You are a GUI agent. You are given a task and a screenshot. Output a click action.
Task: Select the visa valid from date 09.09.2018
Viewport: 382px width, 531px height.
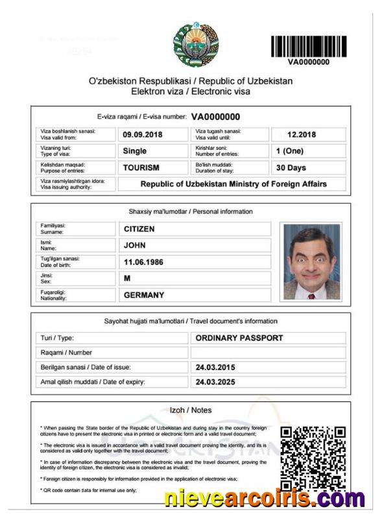[143, 135]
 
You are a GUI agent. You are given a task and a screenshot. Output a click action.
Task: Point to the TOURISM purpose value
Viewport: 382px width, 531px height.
[141, 167]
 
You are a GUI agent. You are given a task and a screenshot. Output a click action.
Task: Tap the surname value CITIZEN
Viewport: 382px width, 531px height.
[139, 229]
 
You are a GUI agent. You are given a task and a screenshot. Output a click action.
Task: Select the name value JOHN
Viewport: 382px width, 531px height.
[135, 246]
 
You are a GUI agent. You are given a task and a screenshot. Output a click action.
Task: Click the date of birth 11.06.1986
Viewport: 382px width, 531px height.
[144, 262]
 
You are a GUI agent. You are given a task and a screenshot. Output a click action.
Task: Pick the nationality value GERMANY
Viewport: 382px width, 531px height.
[144, 295]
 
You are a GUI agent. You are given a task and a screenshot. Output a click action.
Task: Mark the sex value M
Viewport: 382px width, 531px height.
[127, 279]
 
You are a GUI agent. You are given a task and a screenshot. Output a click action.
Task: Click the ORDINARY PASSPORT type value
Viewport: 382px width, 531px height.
[239, 338]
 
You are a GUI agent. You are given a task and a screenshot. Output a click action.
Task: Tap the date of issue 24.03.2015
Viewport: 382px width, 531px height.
[216, 368]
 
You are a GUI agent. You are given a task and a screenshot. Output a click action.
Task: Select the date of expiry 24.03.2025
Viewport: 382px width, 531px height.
[216, 383]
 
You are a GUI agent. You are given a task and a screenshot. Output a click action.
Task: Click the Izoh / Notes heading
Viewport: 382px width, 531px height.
[190, 410]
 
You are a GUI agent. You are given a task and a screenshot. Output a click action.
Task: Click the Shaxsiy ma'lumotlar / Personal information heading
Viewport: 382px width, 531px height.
[191, 211]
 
